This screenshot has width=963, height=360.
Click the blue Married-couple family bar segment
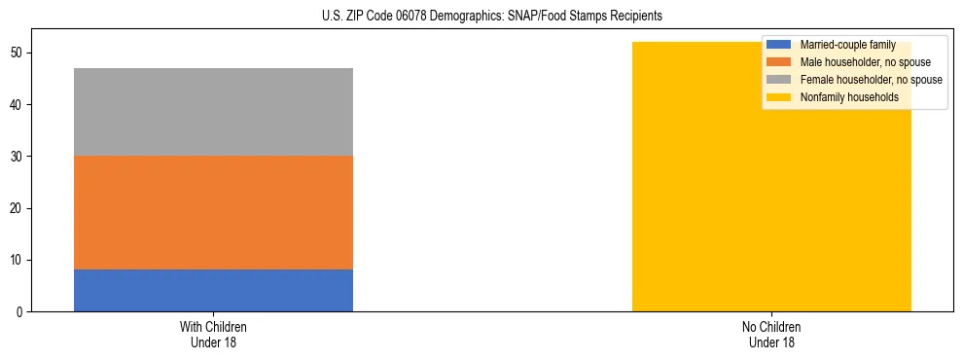pos(213,290)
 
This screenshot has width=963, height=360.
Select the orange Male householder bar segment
pos(213,212)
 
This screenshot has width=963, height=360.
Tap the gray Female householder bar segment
pos(213,112)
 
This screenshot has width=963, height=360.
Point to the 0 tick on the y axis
pos(21,312)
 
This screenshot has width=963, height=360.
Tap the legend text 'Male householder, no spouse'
pos(858,62)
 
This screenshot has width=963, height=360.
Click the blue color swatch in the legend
pos(779,45)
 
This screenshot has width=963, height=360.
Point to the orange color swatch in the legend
pos(779,62)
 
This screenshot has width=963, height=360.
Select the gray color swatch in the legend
pos(779,80)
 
